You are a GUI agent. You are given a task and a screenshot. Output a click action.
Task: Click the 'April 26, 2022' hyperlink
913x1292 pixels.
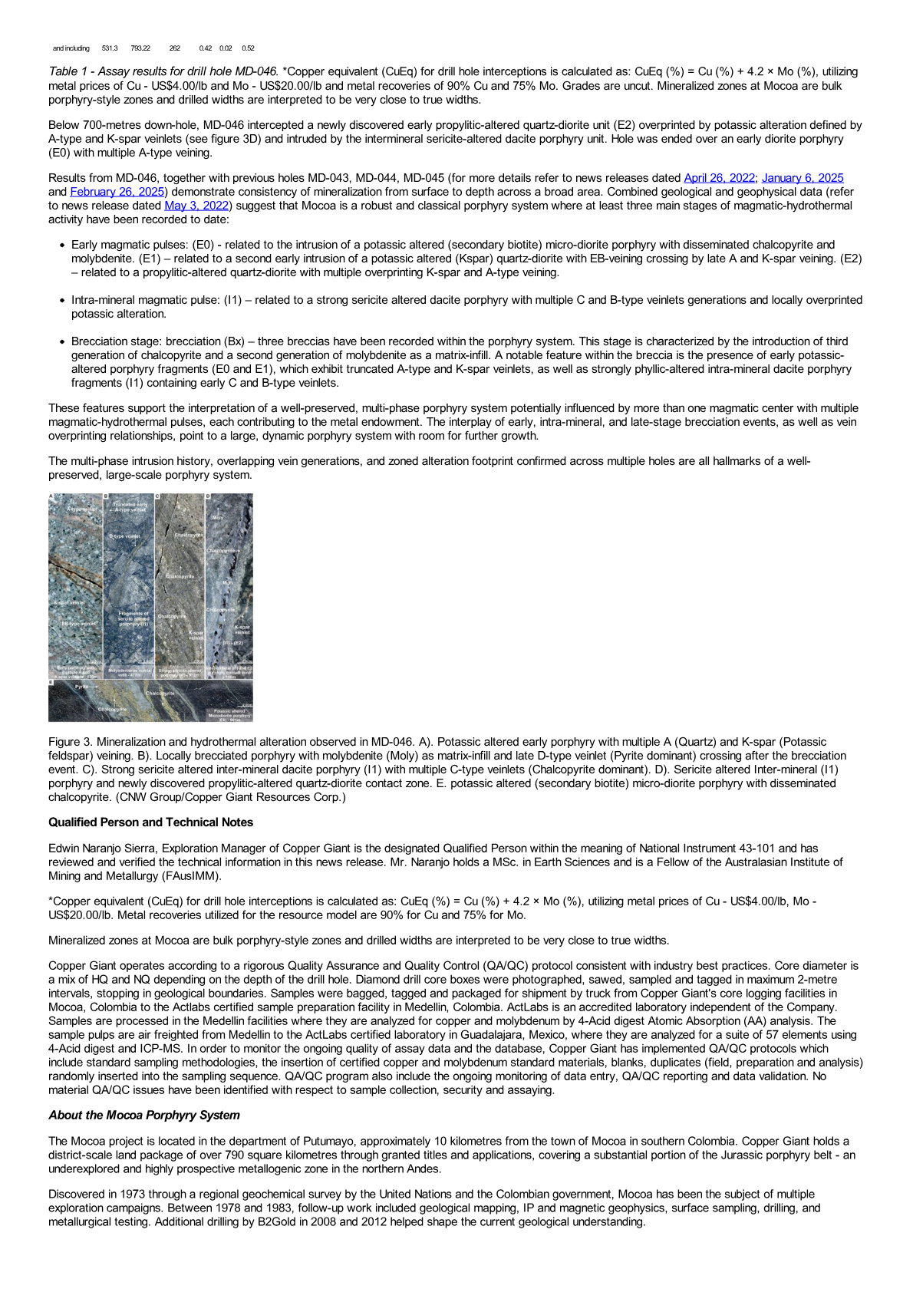(x=719, y=178)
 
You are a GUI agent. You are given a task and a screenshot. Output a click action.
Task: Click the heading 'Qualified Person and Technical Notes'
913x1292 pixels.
(x=150, y=822)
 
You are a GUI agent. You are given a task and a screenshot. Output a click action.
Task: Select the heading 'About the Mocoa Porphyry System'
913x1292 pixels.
(x=143, y=1116)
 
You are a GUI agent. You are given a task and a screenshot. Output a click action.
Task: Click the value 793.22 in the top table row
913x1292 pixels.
(x=140, y=48)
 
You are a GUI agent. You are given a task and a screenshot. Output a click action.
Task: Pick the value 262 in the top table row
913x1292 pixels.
(x=174, y=48)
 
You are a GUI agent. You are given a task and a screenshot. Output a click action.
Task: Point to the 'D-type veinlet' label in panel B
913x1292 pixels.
(x=124, y=536)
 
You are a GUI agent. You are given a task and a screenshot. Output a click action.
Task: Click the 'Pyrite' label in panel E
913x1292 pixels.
(x=81, y=687)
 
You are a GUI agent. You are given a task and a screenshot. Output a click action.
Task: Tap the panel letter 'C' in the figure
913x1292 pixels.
(x=157, y=497)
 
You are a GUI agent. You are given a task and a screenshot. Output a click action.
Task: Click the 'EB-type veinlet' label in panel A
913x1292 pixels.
(x=79, y=624)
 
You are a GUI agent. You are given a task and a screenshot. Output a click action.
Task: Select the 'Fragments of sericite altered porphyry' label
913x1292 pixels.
(x=133, y=618)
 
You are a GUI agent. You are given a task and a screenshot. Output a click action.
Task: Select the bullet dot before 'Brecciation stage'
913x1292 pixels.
(x=61, y=342)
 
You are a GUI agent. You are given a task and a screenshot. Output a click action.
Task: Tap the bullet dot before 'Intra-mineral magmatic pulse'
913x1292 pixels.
(x=61, y=301)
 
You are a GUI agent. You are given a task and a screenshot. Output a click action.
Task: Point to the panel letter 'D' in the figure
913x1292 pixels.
(x=208, y=497)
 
